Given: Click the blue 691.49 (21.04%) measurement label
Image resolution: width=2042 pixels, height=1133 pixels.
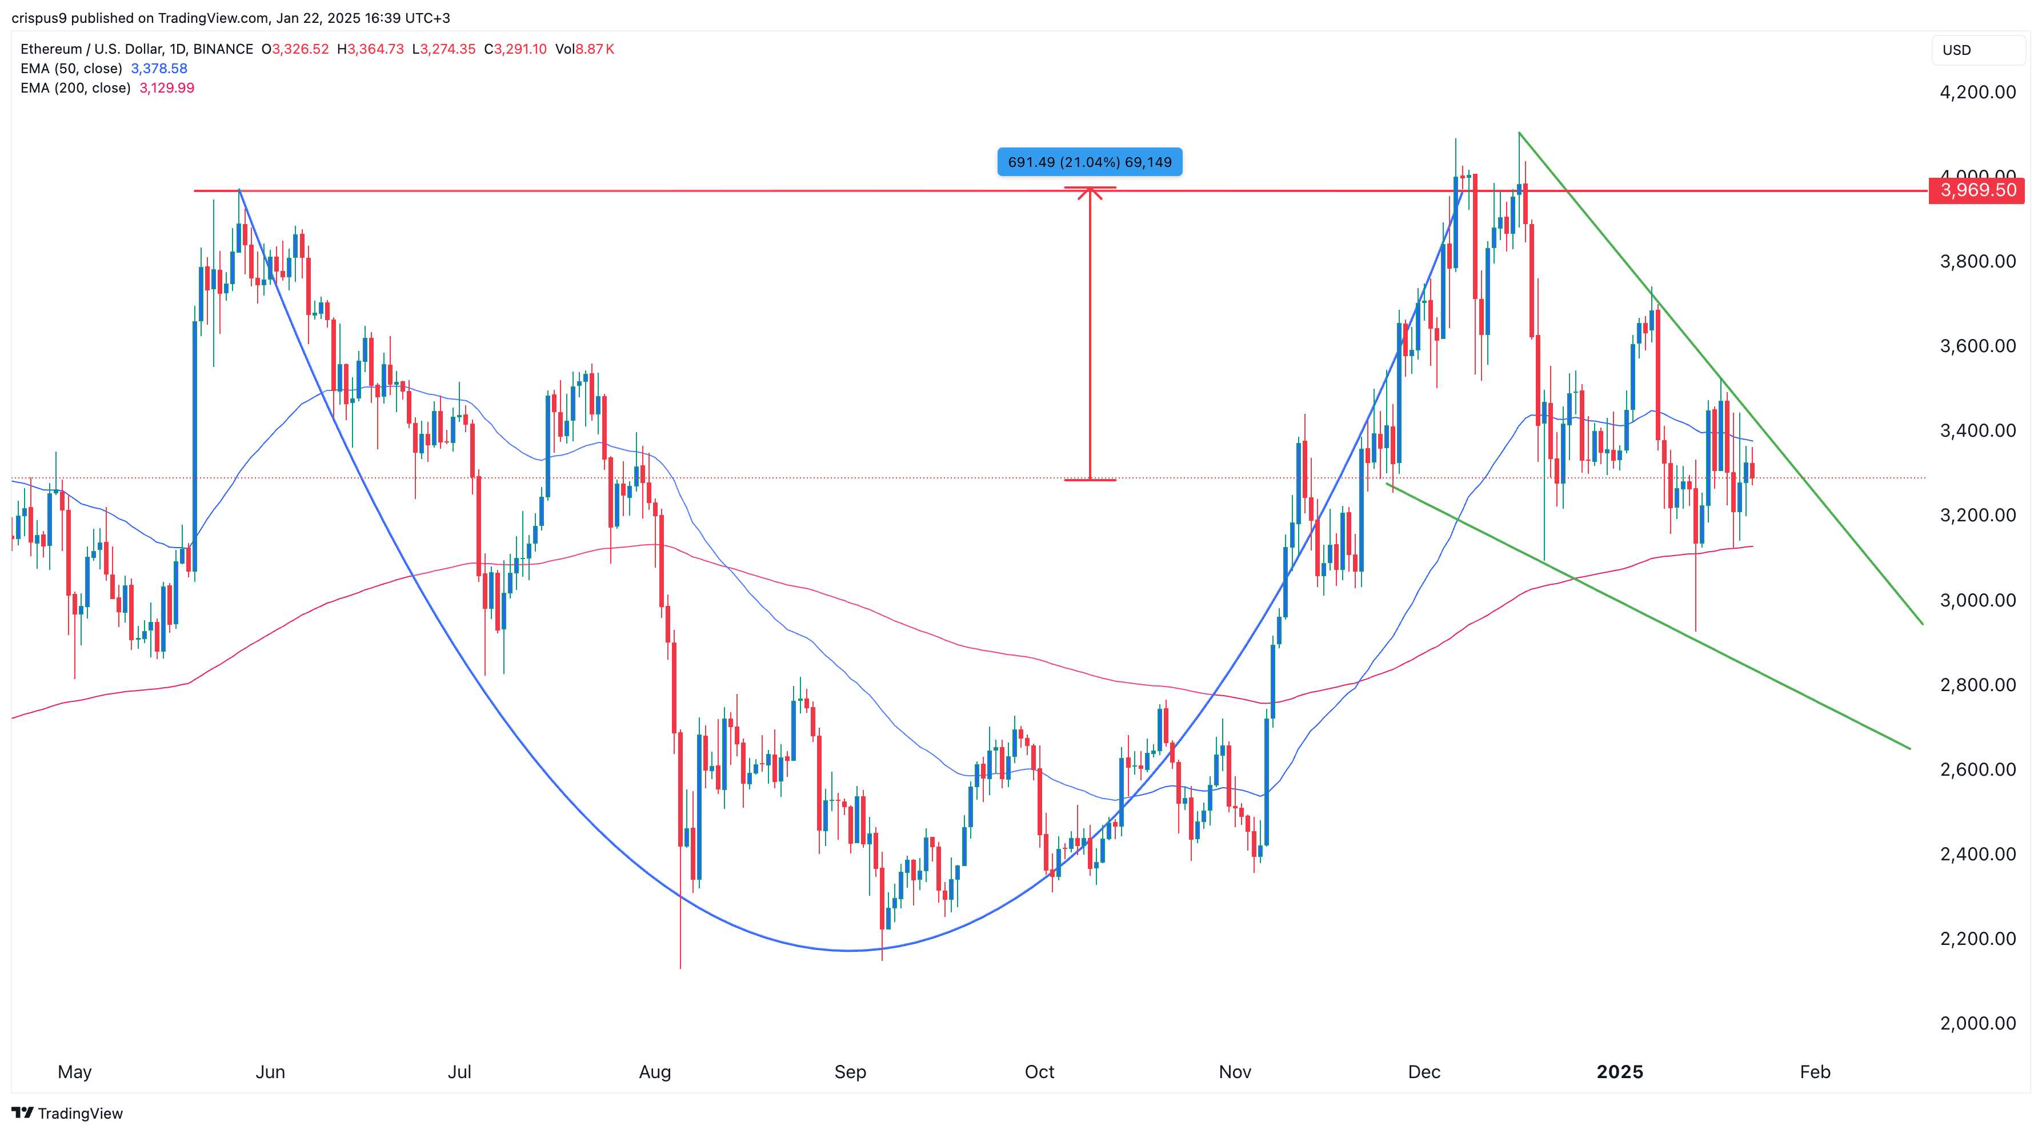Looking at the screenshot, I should [x=1089, y=162].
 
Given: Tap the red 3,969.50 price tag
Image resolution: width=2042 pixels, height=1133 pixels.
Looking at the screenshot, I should [x=1977, y=190].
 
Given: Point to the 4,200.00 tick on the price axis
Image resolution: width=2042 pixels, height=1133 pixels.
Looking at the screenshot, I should [x=1977, y=92].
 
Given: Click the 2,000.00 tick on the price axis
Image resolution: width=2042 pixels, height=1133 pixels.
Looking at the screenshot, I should [x=1977, y=1023].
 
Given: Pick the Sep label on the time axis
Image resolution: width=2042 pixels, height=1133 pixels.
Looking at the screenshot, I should [x=850, y=1072].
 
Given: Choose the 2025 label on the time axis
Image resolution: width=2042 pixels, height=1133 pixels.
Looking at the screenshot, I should [x=1620, y=1072].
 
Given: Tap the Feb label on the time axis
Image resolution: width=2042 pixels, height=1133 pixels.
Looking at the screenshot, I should [x=1815, y=1072].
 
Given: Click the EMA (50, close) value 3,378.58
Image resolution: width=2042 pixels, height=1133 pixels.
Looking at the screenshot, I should [x=158, y=68].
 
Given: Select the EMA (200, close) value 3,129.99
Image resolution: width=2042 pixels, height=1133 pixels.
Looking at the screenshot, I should [x=166, y=88].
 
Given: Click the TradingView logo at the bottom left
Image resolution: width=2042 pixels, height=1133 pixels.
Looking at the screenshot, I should [x=67, y=1113].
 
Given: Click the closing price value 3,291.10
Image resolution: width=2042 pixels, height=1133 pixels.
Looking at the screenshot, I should [x=520, y=49].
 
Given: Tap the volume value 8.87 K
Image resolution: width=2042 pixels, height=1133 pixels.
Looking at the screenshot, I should [x=595, y=49].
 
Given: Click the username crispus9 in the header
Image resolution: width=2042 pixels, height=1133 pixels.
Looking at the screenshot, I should [x=39, y=18].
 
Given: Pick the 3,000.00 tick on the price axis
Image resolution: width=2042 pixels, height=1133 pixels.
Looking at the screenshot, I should [x=1977, y=600].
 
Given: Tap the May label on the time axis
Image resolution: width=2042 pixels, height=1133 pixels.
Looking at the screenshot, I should [x=74, y=1072].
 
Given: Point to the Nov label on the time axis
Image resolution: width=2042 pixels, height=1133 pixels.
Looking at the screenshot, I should [x=1234, y=1072].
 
